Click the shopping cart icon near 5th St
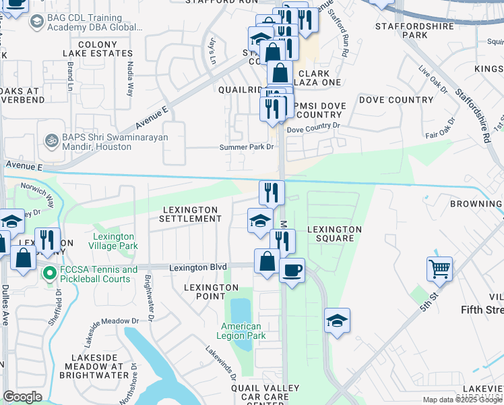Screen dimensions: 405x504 click(x=439, y=269)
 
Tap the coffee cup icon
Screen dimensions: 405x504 click(x=292, y=271)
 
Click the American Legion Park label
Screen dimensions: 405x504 click(x=242, y=331)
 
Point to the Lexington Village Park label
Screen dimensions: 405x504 click(x=113, y=242)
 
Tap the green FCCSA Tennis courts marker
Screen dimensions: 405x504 click(x=49, y=274)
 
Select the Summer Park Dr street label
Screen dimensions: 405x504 click(x=247, y=147)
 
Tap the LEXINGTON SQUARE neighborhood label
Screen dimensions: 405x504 click(x=335, y=234)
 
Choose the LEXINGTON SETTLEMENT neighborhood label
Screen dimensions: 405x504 click(x=191, y=215)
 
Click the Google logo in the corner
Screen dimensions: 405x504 click(x=22, y=397)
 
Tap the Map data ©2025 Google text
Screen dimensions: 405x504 click(x=462, y=400)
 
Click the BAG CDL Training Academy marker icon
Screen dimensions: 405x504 click(x=36, y=22)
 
